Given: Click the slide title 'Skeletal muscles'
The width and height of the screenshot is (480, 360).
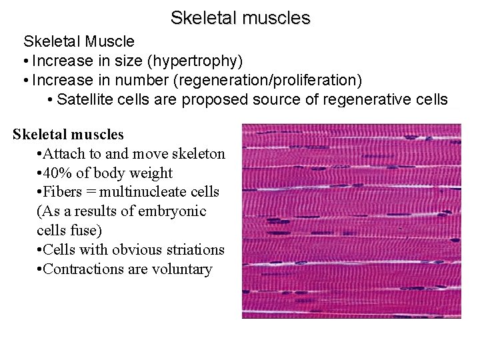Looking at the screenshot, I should coord(240,17).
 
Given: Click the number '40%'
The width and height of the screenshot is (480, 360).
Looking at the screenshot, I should coord(58,173).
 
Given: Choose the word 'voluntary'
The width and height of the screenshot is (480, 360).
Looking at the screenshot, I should coord(181,269).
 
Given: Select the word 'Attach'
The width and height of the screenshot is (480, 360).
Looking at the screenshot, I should coord(65,154).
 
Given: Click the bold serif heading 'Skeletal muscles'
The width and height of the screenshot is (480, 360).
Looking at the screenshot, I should coord(68,135).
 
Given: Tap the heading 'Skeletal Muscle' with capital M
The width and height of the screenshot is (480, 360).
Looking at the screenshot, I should coord(79,42).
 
